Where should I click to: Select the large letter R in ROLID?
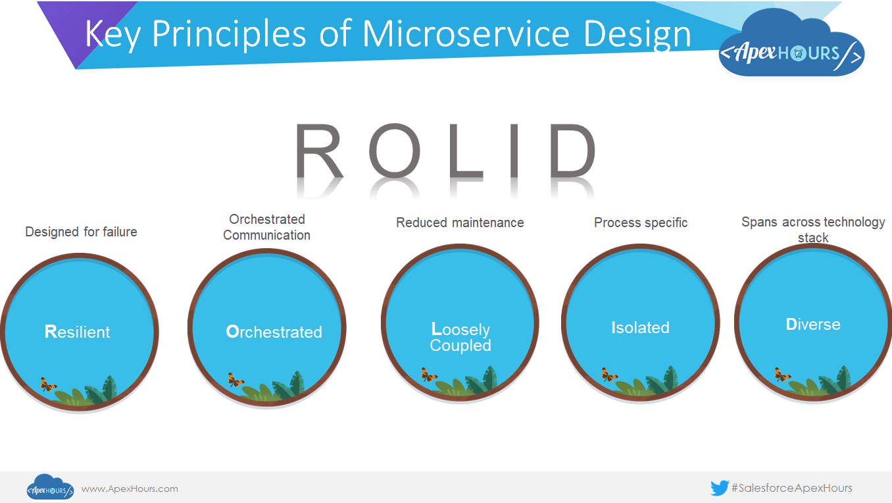(320, 152)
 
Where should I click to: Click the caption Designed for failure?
(81, 232)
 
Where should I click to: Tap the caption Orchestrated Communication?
(266, 227)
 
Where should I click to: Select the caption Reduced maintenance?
(460, 223)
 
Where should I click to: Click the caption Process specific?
(641, 223)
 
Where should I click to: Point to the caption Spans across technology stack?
(813, 229)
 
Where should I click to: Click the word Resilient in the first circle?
(78, 332)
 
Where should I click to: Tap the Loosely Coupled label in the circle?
(460, 337)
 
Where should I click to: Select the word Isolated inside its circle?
(640, 327)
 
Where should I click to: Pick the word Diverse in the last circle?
(813, 325)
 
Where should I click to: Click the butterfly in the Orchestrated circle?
(235, 380)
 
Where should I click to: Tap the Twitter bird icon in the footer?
(719, 488)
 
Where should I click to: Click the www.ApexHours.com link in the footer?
(130, 489)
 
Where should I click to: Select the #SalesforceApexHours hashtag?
(791, 488)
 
